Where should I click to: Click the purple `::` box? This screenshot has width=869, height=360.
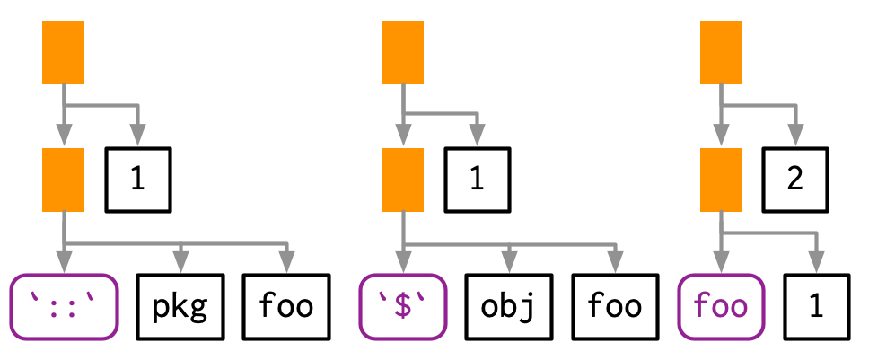click(x=64, y=306)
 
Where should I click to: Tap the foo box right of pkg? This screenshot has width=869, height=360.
click(x=286, y=306)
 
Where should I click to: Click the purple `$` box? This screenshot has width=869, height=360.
click(x=402, y=306)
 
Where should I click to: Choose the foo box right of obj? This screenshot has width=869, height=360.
click(x=615, y=306)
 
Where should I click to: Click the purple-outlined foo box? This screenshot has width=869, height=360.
click(x=721, y=306)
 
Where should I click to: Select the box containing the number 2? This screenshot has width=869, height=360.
click(x=794, y=180)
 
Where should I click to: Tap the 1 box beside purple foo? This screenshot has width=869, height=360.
click(x=815, y=306)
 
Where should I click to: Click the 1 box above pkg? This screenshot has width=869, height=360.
click(x=137, y=180)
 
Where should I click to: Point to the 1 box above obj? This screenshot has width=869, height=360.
click(x=477, y=180)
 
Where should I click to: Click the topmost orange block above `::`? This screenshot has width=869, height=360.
click(x=63, y=53)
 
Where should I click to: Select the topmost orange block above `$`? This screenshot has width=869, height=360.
click(x=402, y=53)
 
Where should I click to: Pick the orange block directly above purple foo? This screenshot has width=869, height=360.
click(x=721, y=180)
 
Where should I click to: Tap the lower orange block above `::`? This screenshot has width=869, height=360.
click(x=63, y=180)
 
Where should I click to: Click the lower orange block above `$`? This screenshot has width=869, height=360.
click(x=402, y=180)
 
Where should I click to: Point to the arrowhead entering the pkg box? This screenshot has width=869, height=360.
click(x=181, y=267)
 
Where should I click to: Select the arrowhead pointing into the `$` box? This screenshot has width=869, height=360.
click(x=402, y=267)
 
